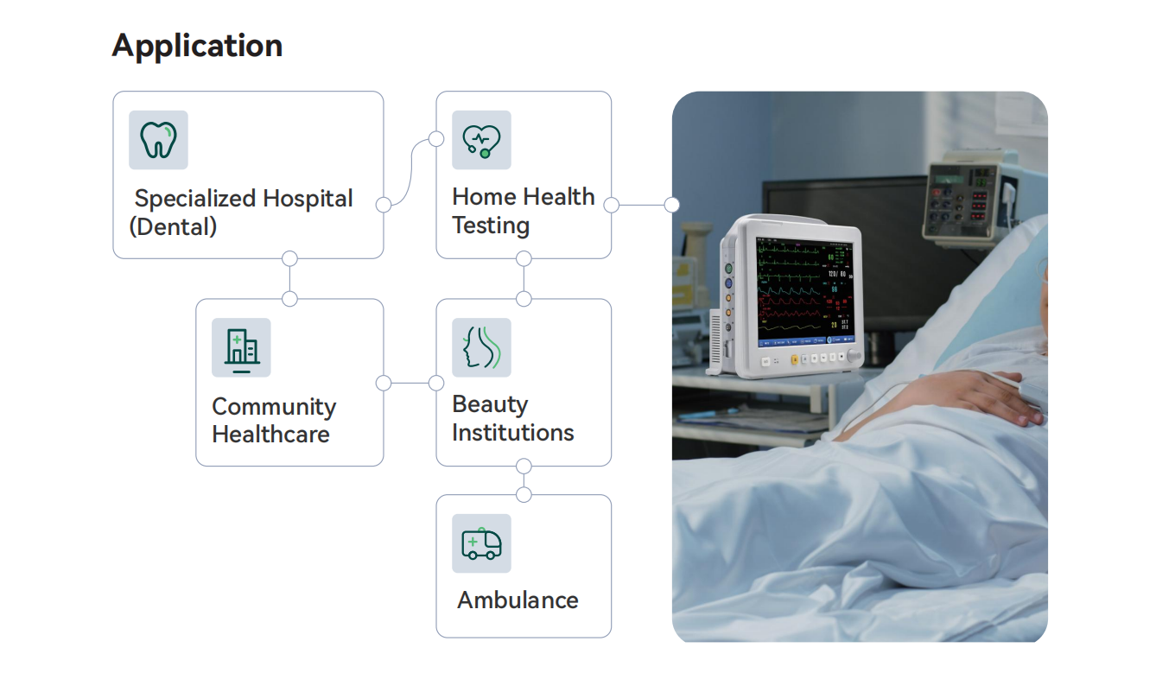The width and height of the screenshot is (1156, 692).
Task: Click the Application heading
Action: point(197,47)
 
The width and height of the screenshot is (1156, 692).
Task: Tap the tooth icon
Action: point(158,140)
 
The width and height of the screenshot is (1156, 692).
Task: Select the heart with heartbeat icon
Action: point(481,141)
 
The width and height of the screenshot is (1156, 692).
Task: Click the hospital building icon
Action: point(241,351)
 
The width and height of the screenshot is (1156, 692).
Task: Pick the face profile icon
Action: point(481,347)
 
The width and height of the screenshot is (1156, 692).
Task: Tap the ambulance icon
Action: point(481,543)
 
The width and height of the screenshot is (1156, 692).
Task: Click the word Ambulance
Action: point(518,600)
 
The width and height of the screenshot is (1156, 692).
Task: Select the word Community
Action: point(274,408)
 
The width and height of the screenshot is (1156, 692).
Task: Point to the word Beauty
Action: point(490,404)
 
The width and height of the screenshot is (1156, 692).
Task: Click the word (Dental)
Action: point(173,226)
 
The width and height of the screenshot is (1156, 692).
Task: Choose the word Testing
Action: point(491,226)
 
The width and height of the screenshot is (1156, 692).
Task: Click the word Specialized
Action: point(195,200)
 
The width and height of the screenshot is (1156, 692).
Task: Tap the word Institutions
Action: point(513,433)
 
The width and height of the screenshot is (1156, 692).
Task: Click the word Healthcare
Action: point(270,435)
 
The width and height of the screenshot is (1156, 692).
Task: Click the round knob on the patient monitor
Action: point(854,355)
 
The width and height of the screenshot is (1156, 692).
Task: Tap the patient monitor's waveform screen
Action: point(805,291)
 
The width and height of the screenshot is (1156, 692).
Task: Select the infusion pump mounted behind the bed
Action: point(970,198)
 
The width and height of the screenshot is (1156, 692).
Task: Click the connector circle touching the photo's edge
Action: point(672,205)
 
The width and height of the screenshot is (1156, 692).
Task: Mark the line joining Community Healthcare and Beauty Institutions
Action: point(410,383)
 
